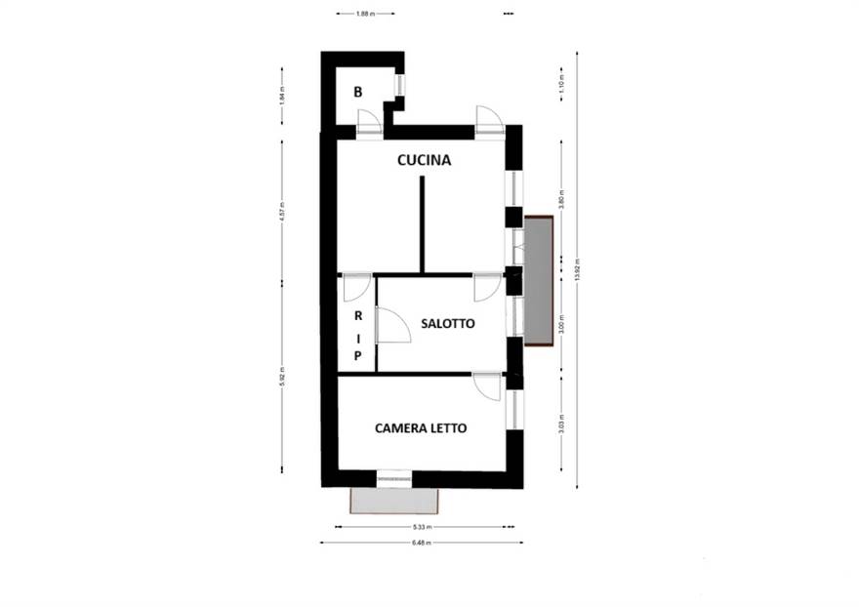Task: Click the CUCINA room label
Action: [424, 160]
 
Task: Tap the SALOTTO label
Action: [448, 323]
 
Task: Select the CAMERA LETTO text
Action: [421, 427]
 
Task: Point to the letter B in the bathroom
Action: [358, 93]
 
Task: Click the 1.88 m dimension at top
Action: [365, 14]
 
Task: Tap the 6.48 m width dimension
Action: [421, 542]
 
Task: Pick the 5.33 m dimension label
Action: [421, 527]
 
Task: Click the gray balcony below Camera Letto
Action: [393, 501]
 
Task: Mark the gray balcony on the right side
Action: [538, 280]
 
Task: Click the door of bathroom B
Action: [368, 122]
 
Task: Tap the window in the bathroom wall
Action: [398, 85]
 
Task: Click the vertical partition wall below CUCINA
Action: [422, 224]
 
